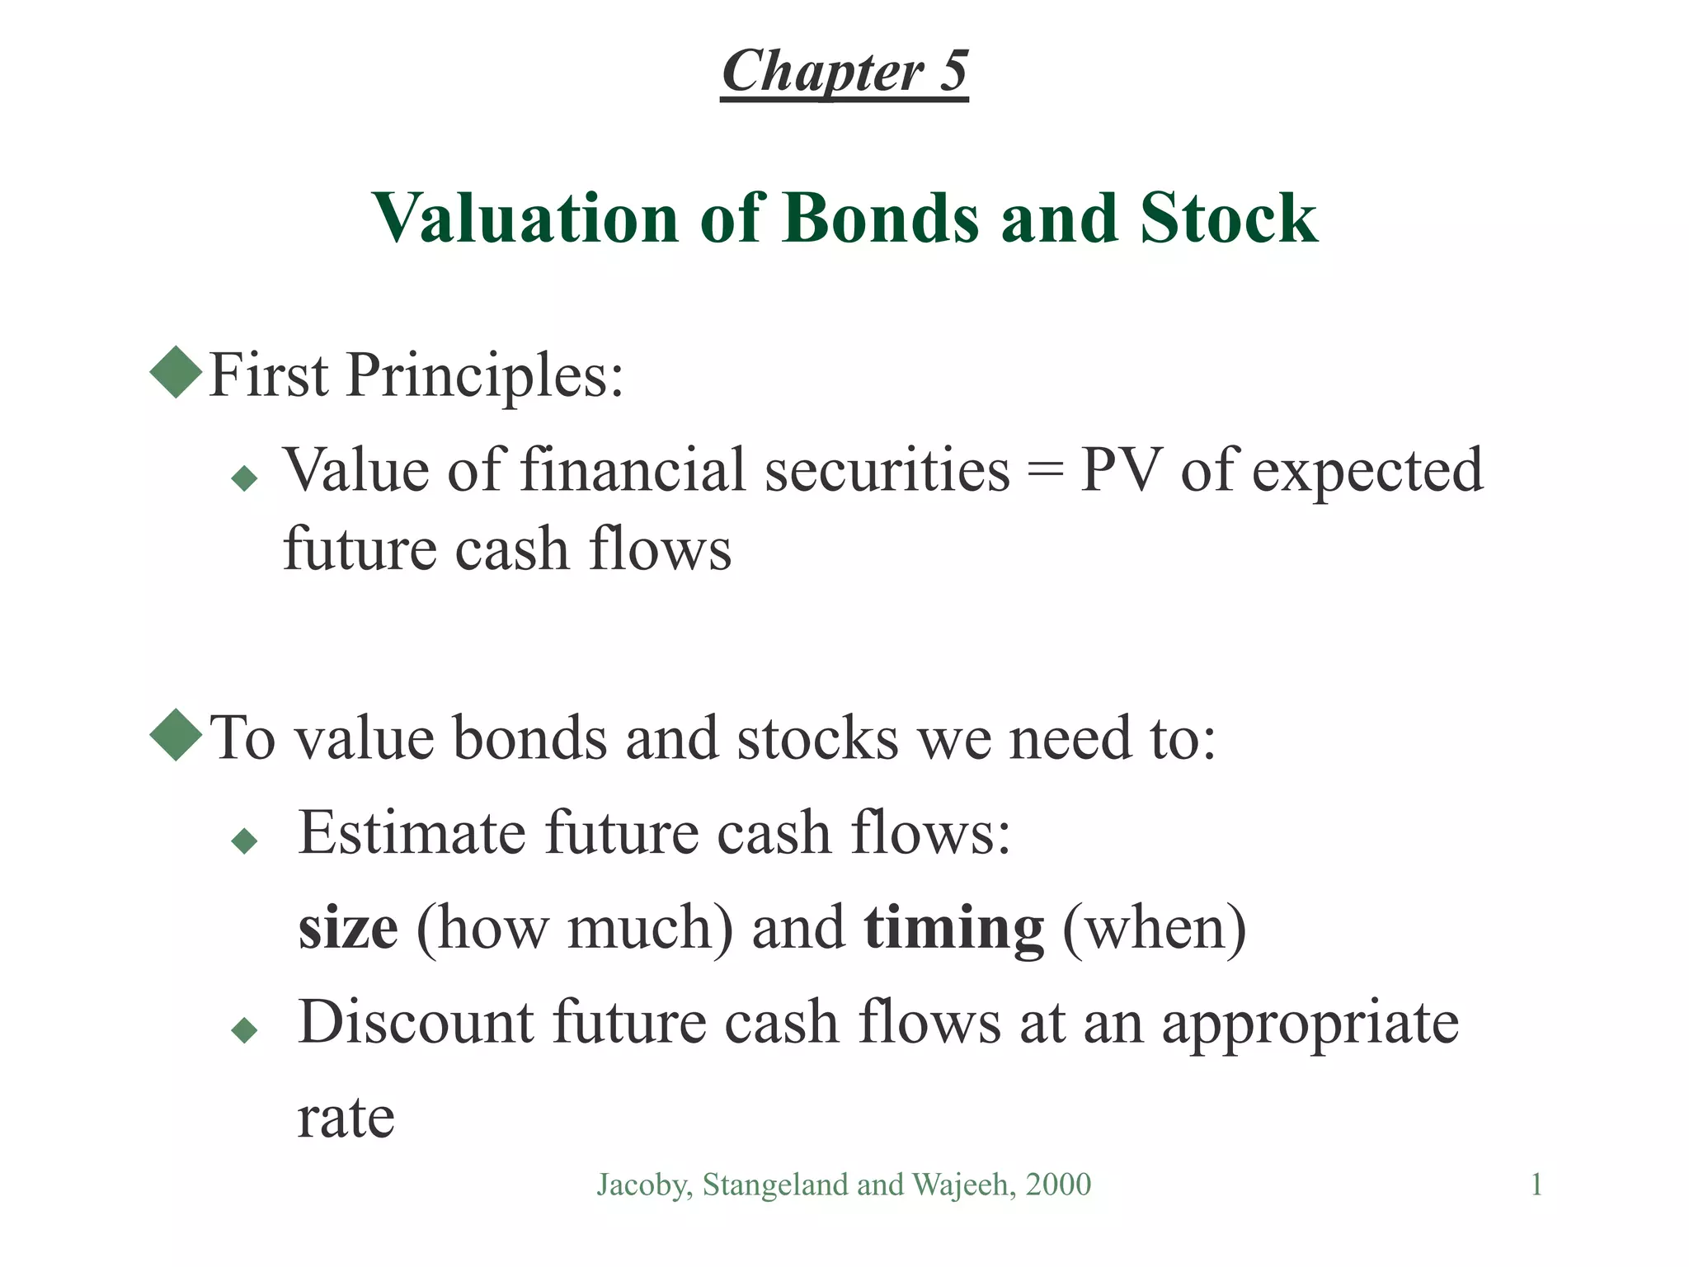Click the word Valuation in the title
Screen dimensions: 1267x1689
click(x=525, y=218)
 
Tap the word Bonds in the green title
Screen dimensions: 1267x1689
click(x=881, y=218)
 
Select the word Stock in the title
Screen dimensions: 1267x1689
click(x=1228, y=218)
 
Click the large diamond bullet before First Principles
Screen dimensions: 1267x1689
click(x=176, y=372)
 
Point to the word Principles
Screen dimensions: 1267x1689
click(x=485, y=376)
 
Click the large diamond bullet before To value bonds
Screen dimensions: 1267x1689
click(x=176, y=734)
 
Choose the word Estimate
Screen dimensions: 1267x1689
click(x=412, y=832)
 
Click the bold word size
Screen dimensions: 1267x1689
click(x=348, y=929)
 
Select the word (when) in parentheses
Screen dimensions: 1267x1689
click(x=1154, y=929)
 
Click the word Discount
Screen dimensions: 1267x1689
click(x=416, y=1023)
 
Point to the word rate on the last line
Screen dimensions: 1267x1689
click(x=346, y=1119)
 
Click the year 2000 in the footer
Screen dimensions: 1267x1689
click(x=1058, y=1185)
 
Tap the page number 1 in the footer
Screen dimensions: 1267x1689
click(x=1536, y=1185)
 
